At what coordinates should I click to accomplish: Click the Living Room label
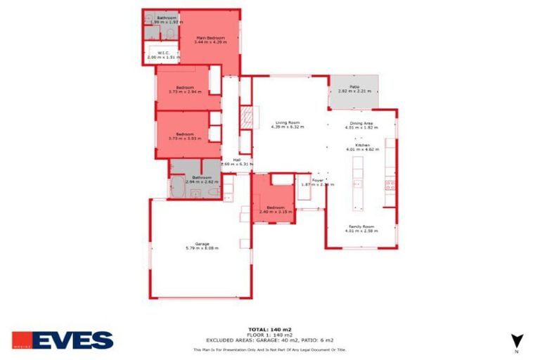(x=288, y=122)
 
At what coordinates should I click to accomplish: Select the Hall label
(x=228, y=160)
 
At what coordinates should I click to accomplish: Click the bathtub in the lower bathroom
(x=176, y=186)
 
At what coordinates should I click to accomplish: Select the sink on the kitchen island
(x=357, y=184)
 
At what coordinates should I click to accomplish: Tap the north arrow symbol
(x=516, y=340)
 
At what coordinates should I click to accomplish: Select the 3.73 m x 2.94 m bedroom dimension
(x=185, y=91)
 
